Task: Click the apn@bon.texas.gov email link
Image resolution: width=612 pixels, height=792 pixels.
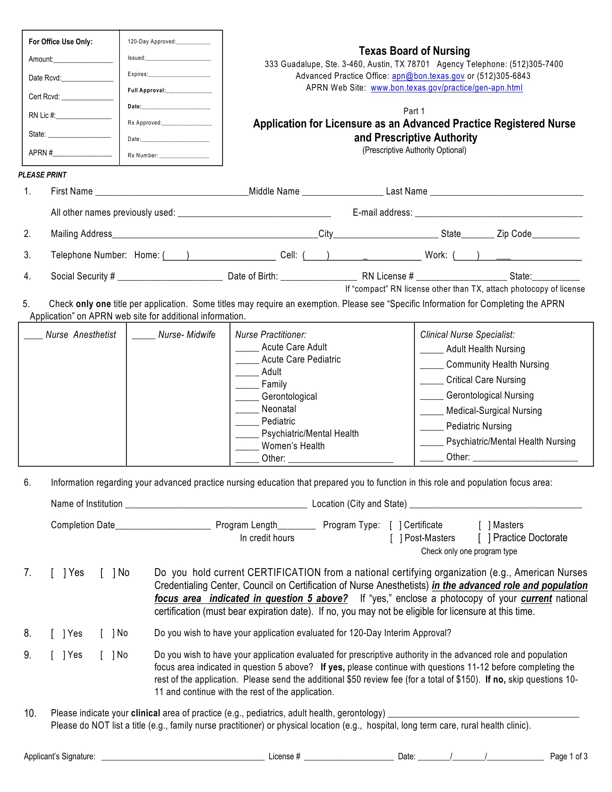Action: click(428, 76)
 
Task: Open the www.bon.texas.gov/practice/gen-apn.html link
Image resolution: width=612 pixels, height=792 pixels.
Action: click(446, 88)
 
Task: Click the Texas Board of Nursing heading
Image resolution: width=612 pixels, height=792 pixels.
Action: click(414, 51)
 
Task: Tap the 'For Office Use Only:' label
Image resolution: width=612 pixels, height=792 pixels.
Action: click(60, 42)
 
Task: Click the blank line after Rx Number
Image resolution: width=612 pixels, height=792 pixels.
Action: click(184, 156)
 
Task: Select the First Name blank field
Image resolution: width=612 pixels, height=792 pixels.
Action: click(172, 192)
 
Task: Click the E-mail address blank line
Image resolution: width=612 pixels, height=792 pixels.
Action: click(499, 213)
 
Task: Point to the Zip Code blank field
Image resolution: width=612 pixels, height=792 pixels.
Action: click(555, 235)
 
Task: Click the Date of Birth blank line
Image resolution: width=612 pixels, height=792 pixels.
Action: click(319, 278)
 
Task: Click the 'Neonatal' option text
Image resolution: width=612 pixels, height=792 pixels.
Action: click(278, 409)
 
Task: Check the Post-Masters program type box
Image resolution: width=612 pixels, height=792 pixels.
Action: click(396, 538)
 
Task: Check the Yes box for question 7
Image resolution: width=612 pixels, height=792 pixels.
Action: click(58, 573)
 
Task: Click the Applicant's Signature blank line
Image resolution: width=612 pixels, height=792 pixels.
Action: click(183, 757)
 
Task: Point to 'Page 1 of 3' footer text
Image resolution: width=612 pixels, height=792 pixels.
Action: click(568, 756)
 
